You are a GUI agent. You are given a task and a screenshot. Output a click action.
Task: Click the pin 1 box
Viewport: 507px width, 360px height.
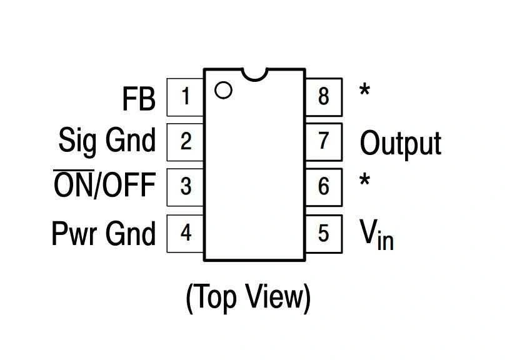[x=185, y=97]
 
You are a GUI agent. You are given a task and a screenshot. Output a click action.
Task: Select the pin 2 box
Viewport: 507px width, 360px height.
[x=185, y=142]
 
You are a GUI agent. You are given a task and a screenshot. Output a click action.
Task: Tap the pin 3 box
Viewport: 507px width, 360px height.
[x=185, y=187]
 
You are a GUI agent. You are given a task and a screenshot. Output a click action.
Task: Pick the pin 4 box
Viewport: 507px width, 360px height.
[x=185, y=232]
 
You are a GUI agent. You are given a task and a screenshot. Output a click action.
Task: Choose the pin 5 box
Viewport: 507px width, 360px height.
[x=323, y=232]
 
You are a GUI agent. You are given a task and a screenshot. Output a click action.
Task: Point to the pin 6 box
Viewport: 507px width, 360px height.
[x=323, y=187]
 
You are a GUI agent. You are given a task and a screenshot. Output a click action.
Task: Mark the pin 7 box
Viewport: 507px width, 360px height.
[x=323, y=142]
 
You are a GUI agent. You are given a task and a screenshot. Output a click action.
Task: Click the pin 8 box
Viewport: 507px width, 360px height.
[x=323, y=97]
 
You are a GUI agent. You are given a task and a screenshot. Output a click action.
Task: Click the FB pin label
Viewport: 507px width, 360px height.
[x=138, y=99]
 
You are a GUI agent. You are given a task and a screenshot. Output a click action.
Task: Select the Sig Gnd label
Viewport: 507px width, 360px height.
[x=107, y=141]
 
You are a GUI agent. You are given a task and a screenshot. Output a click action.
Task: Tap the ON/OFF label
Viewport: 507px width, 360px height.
[x=104, y=186]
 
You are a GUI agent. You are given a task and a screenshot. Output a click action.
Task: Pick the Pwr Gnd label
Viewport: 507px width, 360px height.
[x=103, y=234]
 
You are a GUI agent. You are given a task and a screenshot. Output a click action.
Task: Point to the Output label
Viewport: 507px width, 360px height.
[x=400, y=144]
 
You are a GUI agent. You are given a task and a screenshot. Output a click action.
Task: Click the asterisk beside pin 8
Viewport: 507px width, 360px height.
[x=364, y=91]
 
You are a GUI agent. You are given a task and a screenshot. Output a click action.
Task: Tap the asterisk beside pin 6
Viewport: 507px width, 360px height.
[x=364, y=181]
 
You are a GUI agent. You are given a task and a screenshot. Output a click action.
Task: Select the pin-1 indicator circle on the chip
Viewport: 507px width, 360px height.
[x=223, y=90]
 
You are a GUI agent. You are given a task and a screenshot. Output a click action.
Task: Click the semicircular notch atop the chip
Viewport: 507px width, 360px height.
[x=254, y=74]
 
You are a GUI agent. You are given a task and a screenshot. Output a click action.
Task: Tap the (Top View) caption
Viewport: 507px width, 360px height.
[x=248, y=297]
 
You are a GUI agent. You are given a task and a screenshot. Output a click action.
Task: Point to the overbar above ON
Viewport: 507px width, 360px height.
[x=74, y=170]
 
